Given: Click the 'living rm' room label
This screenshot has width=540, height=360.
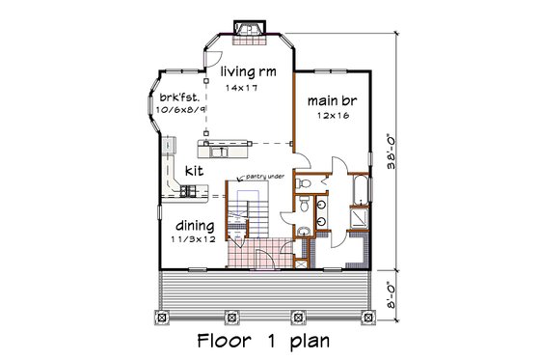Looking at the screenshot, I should pyautogui.click(x=248, y=72).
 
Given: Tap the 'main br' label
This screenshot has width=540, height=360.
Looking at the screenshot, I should pyautogui.click(x=330, y=101).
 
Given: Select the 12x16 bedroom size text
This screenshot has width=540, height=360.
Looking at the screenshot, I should pyautogui.click(x=330, y=116).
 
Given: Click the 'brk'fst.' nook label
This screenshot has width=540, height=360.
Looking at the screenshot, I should pyautogui.click(x=177, y=97).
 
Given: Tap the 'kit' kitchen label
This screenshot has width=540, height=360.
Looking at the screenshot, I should pyautogui.click(x=195, y=168).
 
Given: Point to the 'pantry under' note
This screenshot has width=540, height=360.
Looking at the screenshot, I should pyautogui.click(x=265, y=177).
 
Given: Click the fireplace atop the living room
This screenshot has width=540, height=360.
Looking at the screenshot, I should pyautogui.click(x=250, y=32).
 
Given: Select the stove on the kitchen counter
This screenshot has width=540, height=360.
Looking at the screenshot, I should pyautogui.click(x=184, y=193).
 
